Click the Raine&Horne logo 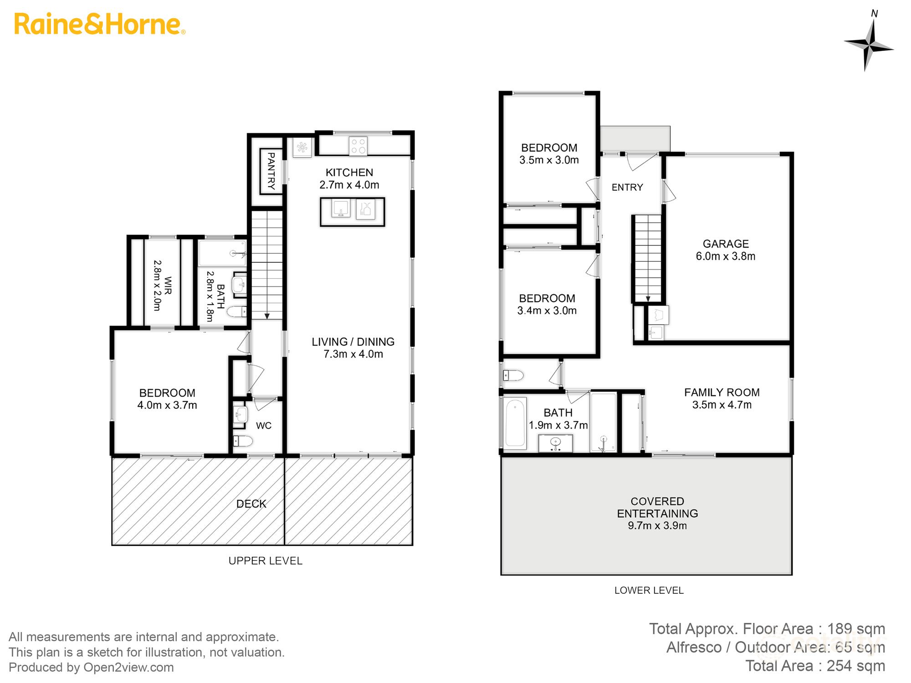(99, 25)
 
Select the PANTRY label (271, 171)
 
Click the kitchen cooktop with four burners (358, 146)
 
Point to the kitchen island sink (341, 209)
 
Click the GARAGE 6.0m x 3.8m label (725, 250)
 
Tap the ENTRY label (627, 187)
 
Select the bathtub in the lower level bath (515, 423)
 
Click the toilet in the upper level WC (243, 441)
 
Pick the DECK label (251, 504)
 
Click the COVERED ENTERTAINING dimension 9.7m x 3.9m (657, 525)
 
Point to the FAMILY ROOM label (722, 392)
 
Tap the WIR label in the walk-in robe (168, 285)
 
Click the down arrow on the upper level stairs (267, 315)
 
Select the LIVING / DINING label (353, 341)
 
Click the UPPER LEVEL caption (265, 561)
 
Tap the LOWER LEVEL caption (649, 590)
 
